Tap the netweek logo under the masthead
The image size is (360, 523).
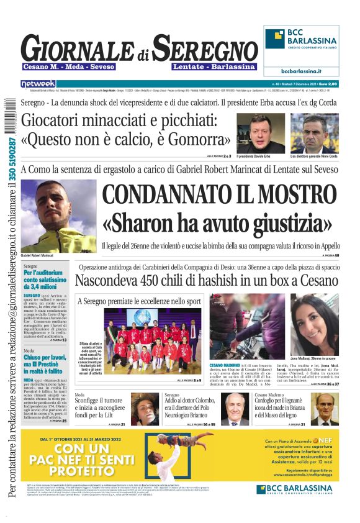[x=38, y=83]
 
